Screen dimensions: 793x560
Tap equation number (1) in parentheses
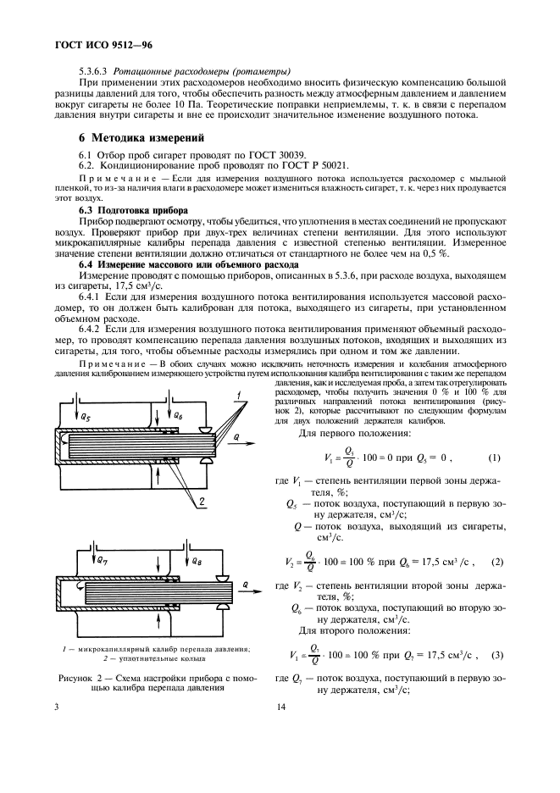coord(495,459)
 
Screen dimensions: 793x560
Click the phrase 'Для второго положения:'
coord(347,629)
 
